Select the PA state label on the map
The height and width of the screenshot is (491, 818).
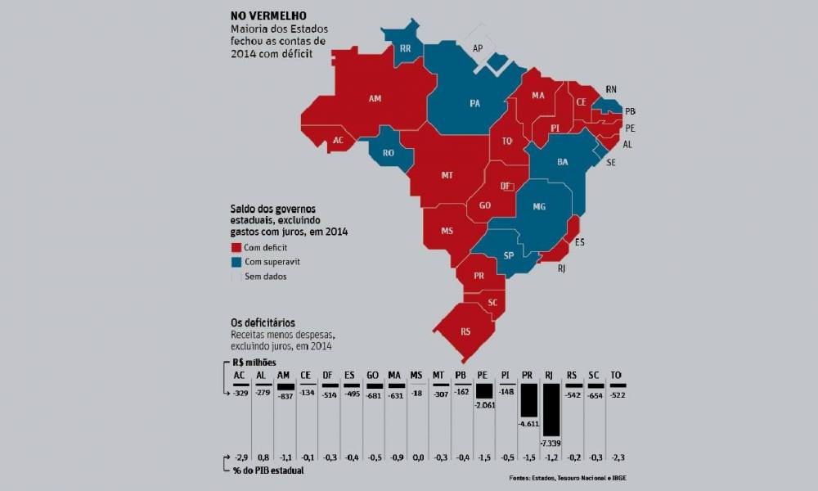point(474,104)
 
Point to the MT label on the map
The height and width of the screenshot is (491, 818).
point(447,175)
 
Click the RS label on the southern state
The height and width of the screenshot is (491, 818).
point(465,331)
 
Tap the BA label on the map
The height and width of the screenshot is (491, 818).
point(563,162)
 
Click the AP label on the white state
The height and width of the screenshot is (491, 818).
point(478,48)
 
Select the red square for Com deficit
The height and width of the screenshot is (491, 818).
point(236,247)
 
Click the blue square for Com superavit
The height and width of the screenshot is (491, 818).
point(236,262)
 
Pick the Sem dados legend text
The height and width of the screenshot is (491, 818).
point(266,277)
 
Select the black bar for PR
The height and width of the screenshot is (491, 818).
point(528,401)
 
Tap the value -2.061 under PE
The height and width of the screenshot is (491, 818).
point(484,406)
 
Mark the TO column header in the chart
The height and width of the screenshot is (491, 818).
point(615,376)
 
